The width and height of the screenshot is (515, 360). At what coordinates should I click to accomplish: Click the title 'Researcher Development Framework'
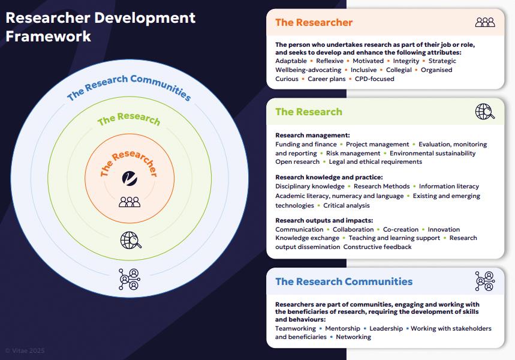[100, 26]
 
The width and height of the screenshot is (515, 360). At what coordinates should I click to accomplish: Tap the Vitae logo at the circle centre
[129, 178]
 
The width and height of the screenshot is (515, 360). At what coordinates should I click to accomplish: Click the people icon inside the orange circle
[129, 202]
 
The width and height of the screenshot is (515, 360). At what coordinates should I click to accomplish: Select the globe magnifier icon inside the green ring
[131, 240]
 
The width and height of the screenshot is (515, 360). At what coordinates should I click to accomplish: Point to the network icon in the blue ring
[129, 278]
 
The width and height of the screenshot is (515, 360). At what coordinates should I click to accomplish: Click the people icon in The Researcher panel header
[484, 22]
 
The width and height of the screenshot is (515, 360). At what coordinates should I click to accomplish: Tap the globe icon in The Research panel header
[484, 111]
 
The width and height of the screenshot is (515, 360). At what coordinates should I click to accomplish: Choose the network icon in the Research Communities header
[484, 281]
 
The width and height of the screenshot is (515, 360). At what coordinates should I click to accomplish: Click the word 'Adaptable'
[293, 61]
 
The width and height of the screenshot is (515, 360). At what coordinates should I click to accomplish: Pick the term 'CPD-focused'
[374, 79]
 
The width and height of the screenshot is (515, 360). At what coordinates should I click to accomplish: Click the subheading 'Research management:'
[312, 136]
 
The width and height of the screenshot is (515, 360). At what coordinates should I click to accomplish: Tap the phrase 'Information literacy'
[449, 187]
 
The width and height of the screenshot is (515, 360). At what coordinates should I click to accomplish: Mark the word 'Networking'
[353, 337]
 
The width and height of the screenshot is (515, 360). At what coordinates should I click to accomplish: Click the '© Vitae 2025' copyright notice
[25, 350]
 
